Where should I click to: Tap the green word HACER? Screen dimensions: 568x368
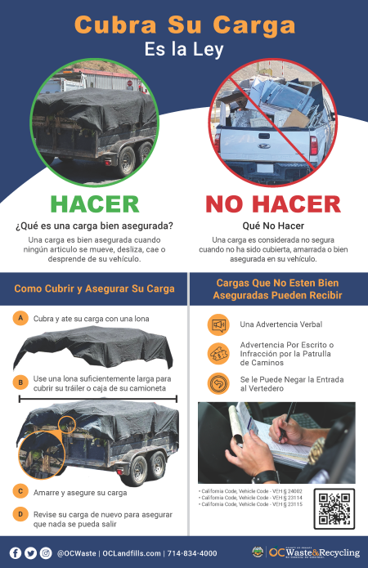click(95, 203)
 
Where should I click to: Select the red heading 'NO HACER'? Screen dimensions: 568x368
click(272, 203)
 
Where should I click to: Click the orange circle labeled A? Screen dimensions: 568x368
click(20, 318)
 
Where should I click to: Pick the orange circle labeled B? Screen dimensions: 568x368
click(20, 382)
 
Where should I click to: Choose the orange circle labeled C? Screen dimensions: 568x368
click(20, 491)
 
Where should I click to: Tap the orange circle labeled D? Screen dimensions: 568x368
click(20, 514)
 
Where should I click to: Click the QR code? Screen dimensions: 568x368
click(334, 508)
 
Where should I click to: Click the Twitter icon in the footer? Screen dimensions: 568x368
click(30, 552)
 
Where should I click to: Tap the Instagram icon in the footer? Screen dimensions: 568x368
click(45, 552)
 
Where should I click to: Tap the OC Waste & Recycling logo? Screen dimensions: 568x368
click(303, 552)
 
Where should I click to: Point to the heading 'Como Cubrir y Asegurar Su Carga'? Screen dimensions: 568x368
click(94, 288)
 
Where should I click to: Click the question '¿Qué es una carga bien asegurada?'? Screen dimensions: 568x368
click(95, 226)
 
